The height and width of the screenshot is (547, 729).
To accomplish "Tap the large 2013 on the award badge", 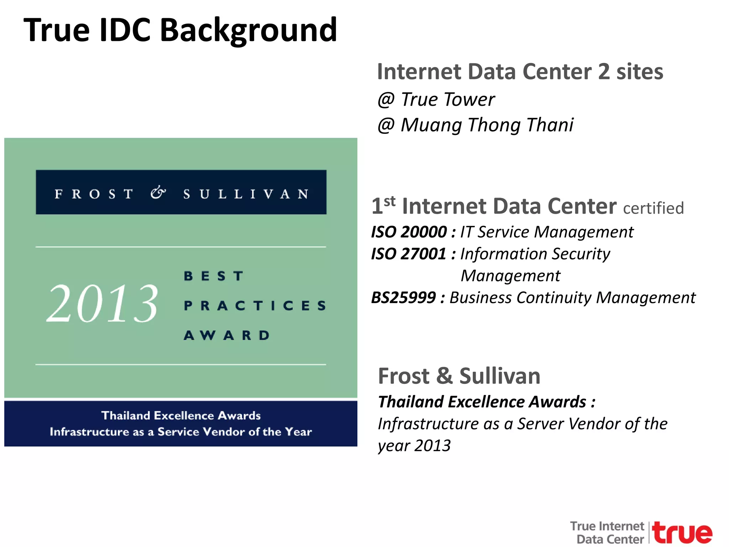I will (103, 303).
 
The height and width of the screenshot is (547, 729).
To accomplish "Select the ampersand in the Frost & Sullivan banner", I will (158, 193).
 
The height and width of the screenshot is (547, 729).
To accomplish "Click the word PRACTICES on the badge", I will (255, 306).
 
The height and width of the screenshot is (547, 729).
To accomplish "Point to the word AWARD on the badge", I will (227, 335).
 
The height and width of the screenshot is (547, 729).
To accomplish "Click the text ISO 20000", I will (409, 232).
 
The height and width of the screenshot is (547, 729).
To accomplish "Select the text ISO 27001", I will (409, 254).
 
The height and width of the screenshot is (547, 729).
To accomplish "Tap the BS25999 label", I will (403, 298).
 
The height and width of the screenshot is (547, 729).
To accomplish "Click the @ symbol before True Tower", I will (386, 100).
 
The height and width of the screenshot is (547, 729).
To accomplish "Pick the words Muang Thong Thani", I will (487, 125).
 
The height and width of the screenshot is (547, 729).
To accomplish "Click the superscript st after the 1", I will (390, 202).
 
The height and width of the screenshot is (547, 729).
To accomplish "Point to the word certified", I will (653, 208).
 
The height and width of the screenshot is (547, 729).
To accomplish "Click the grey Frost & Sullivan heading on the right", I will (459, 376).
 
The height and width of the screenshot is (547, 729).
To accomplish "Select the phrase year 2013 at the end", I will (414, 446).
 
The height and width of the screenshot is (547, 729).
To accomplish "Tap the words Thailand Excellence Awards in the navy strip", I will (181, 416).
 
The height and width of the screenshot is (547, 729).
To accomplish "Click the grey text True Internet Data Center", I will (607, 532).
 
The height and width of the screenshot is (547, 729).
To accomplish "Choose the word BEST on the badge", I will (214, 276).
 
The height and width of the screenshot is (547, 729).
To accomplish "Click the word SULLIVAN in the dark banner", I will (246, 194).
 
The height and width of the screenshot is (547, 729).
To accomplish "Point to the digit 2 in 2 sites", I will (604, 72).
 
